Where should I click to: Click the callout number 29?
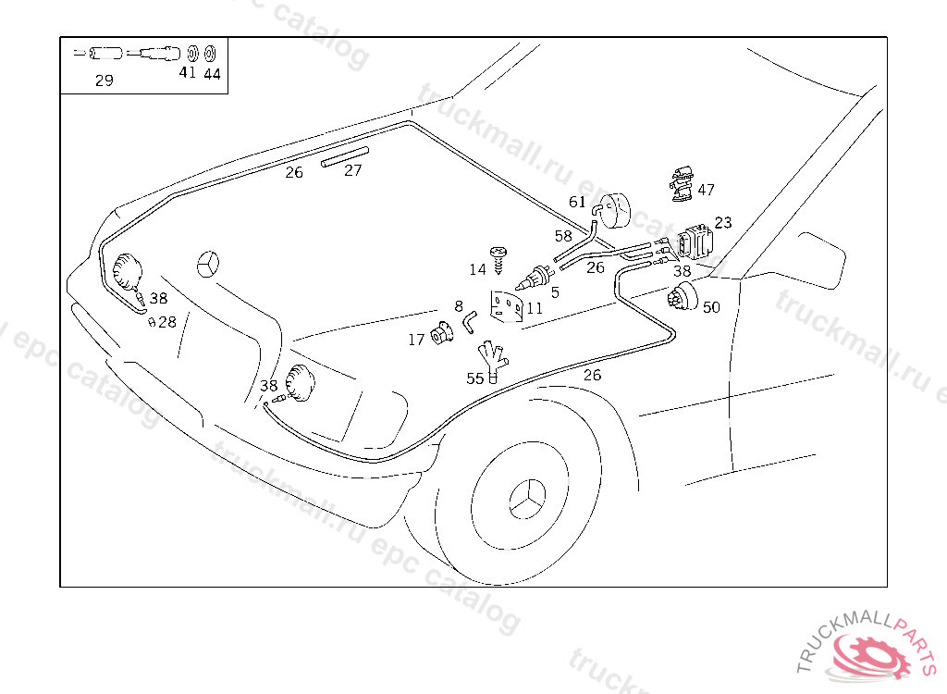click(x=104, y=81)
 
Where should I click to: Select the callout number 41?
click(x=188, y=72)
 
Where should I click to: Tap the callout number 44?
click(x=212, y=74)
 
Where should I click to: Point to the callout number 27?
click(x=353, y=170)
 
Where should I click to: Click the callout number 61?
click(x=577, y=202)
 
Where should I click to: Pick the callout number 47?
click(x=706, y=190)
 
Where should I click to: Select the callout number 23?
click(x=723, y=222)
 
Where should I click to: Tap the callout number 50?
click(x=711, y=307)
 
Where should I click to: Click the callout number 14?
click(x=477, y=269)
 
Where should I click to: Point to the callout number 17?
click(x=416, y=340)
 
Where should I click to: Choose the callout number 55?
click(x=474, y=378)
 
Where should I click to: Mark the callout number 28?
click(x=166, y=322)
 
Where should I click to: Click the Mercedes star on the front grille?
click(x=209, y=264)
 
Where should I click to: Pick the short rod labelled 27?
click(x=344, y=155)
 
